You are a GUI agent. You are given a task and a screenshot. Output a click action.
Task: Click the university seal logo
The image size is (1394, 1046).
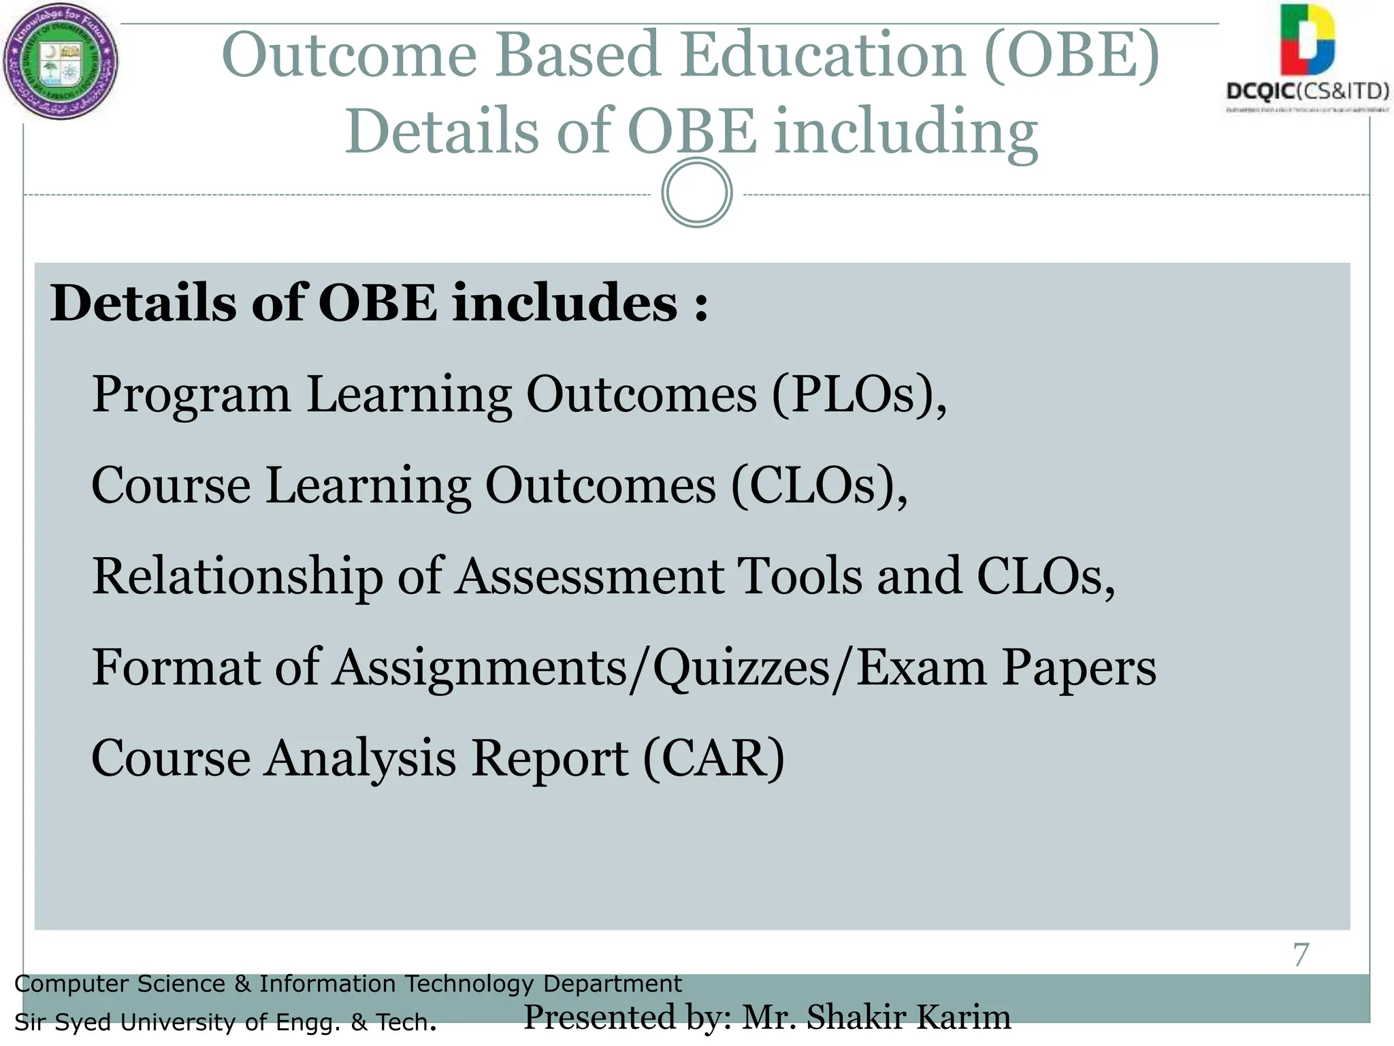point(61,62)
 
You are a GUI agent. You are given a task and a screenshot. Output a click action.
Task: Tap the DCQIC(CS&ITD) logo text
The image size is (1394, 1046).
point(1308,91)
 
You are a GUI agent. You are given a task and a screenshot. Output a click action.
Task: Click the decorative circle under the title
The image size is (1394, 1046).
point(696,193)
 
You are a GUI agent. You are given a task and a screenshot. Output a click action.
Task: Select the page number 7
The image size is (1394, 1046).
point(1301,955)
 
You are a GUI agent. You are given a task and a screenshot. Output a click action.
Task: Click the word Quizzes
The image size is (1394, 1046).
point(741,668)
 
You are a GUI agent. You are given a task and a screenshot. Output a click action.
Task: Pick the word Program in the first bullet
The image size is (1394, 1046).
point(191,396)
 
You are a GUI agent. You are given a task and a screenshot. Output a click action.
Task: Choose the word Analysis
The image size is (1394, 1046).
point(360,759)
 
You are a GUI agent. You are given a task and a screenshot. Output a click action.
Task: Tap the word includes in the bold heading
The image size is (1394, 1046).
point(565,303)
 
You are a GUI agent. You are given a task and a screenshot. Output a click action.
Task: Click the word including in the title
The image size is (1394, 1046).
point(905,131)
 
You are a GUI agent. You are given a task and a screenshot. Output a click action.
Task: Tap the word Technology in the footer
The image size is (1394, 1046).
point(469,984)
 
